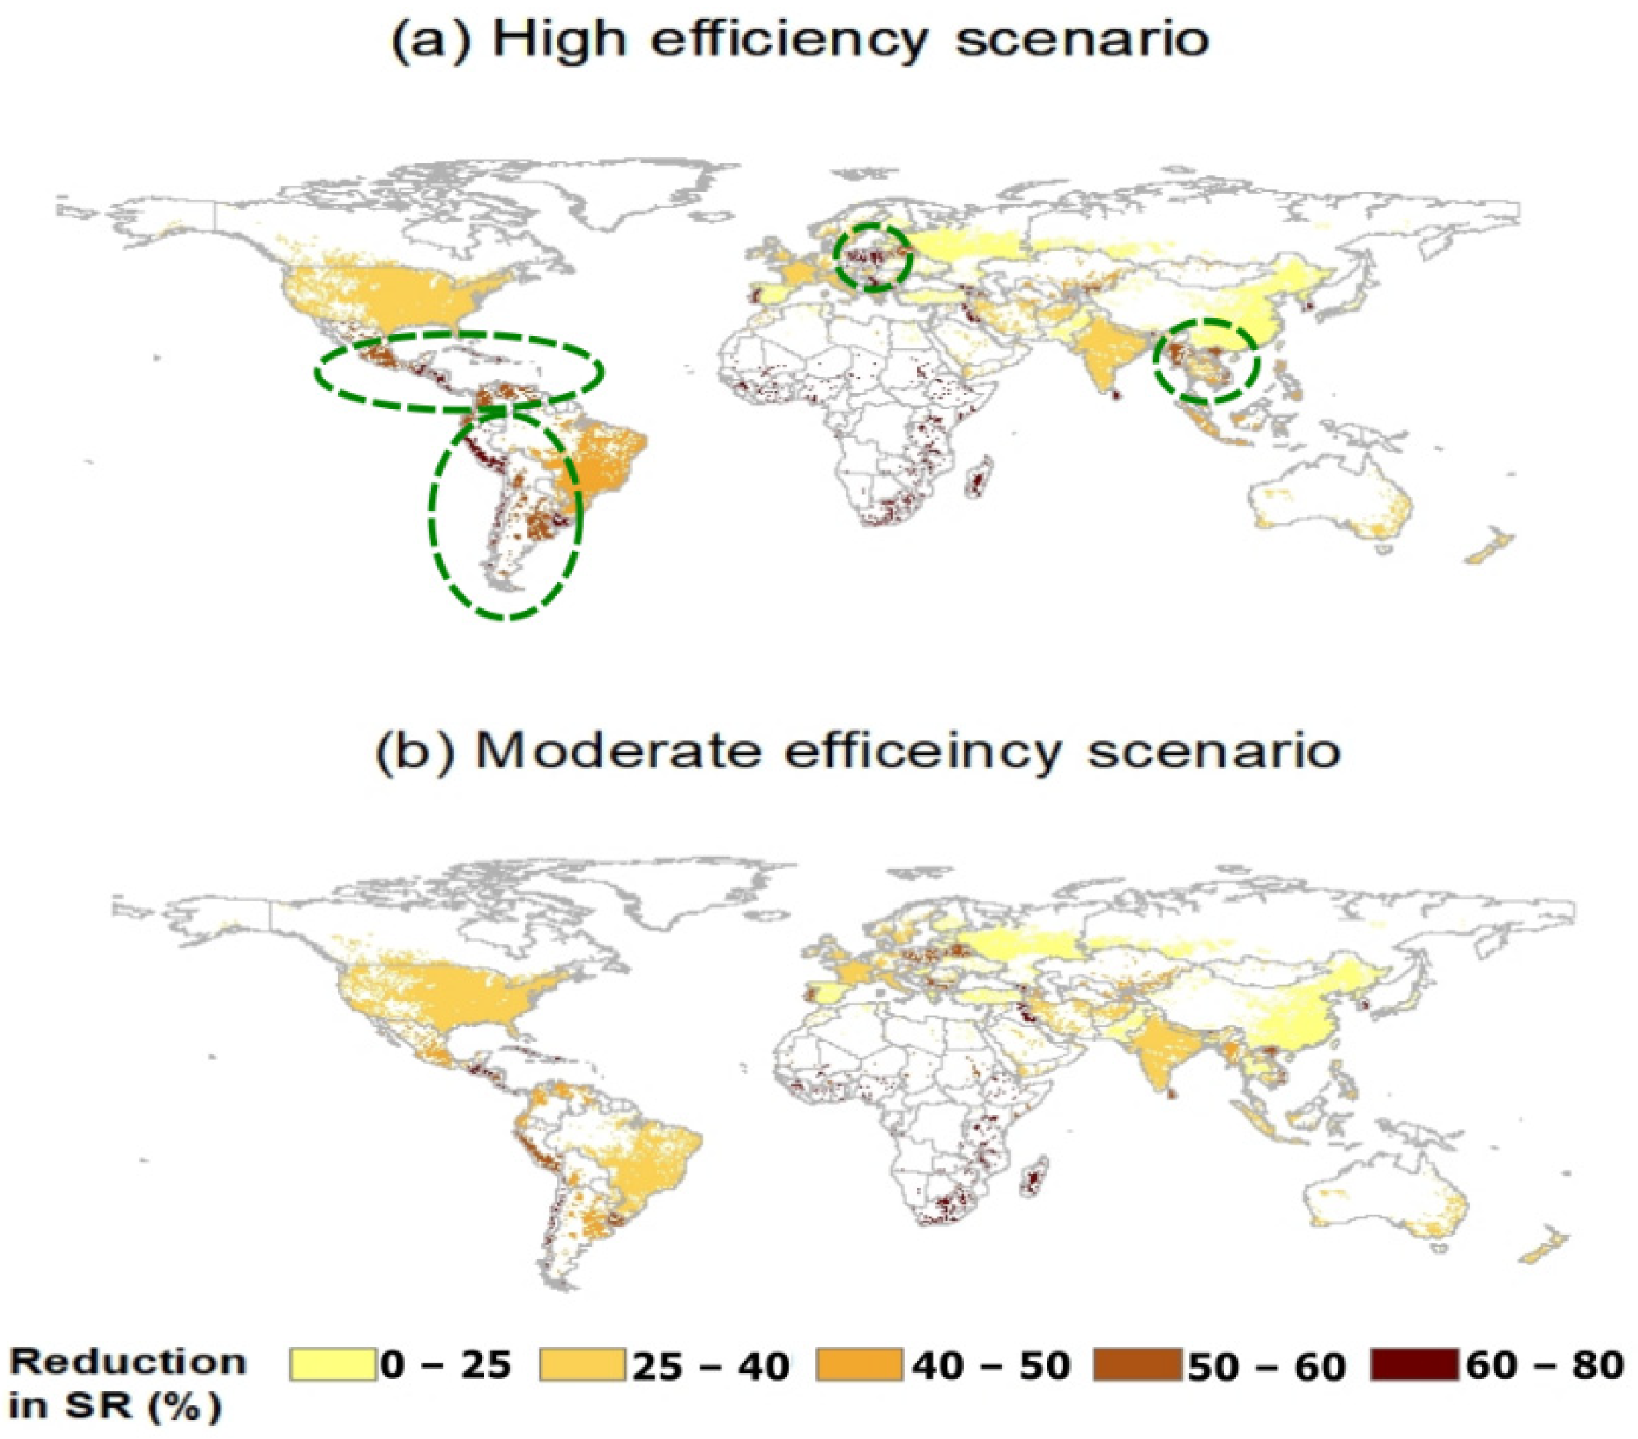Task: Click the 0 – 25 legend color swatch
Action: click(332, 1364)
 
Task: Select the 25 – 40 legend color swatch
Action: click(583, 1364)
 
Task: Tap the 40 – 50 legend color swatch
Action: click(860, 1364)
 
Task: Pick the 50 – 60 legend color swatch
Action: click(1136, 1364)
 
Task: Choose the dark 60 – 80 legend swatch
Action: click(1414, 1364)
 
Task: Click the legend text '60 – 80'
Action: click(1544, 1365)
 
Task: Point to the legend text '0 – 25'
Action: click(446, 1365)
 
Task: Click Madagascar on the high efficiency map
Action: click(979, 479)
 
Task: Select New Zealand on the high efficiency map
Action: click(1489, 547)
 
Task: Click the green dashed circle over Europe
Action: click(873, 256)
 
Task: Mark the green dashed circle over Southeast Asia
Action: click(1206, 362)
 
